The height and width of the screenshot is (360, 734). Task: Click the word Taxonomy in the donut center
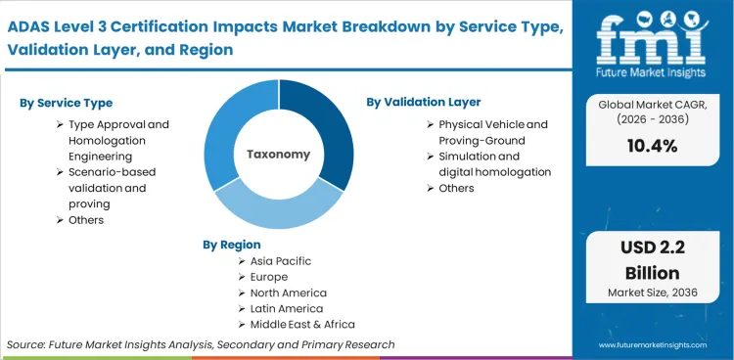point(278,155)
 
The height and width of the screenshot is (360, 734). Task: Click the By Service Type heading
point(66,103)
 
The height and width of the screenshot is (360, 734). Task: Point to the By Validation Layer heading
point(424,102)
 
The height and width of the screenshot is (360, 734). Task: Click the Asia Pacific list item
point(282,261)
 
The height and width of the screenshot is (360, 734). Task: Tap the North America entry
point(289,292)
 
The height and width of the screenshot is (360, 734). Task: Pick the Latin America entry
point(286,308)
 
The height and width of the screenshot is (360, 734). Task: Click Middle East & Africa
point(303,324)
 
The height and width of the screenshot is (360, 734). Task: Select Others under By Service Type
point(85,220)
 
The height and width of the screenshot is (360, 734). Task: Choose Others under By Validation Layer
point(456,188)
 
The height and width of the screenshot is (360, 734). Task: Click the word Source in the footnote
point(27,344)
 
